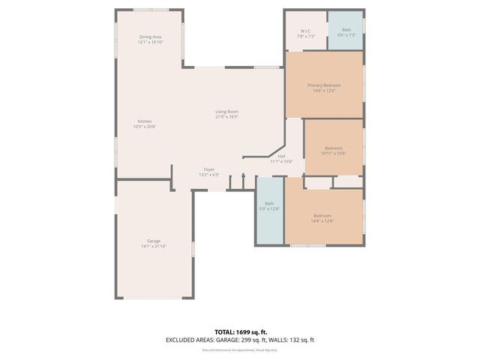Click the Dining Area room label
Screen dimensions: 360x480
pyautogui.click(x=150, y=37)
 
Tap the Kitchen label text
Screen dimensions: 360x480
pyautogui.click(x=145, y=121)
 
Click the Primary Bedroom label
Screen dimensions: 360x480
pyautogui.click(x=324, y=85)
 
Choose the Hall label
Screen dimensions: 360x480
pyautogui.click(x=281, y=156)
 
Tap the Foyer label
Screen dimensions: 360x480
pyautogui.click(x=209, y=169)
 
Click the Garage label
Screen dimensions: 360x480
pyautogui.click(x=153, y=241)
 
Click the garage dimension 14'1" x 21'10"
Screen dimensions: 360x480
pyautogui.click(x=153, y=246)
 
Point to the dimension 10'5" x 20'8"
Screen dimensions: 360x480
pyautogui.click(x=145, y=127)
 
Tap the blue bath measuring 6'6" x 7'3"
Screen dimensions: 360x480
pyautogui.click(x=346, y=32)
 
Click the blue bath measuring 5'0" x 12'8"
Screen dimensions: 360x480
pyautogui.click(x=269, y=205)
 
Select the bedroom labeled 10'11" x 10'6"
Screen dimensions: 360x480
pyautogui.click(x=334, y=150)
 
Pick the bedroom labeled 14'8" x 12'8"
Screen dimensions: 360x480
pyautogui.click(x=322, y=218)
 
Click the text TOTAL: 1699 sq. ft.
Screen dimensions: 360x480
pyautogui.click(x=240, y=331)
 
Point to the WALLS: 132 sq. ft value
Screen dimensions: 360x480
pyautogui.click(x=293, y=340)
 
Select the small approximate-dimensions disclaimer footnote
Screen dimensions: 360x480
pyautogui.click(x=240, y=349)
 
